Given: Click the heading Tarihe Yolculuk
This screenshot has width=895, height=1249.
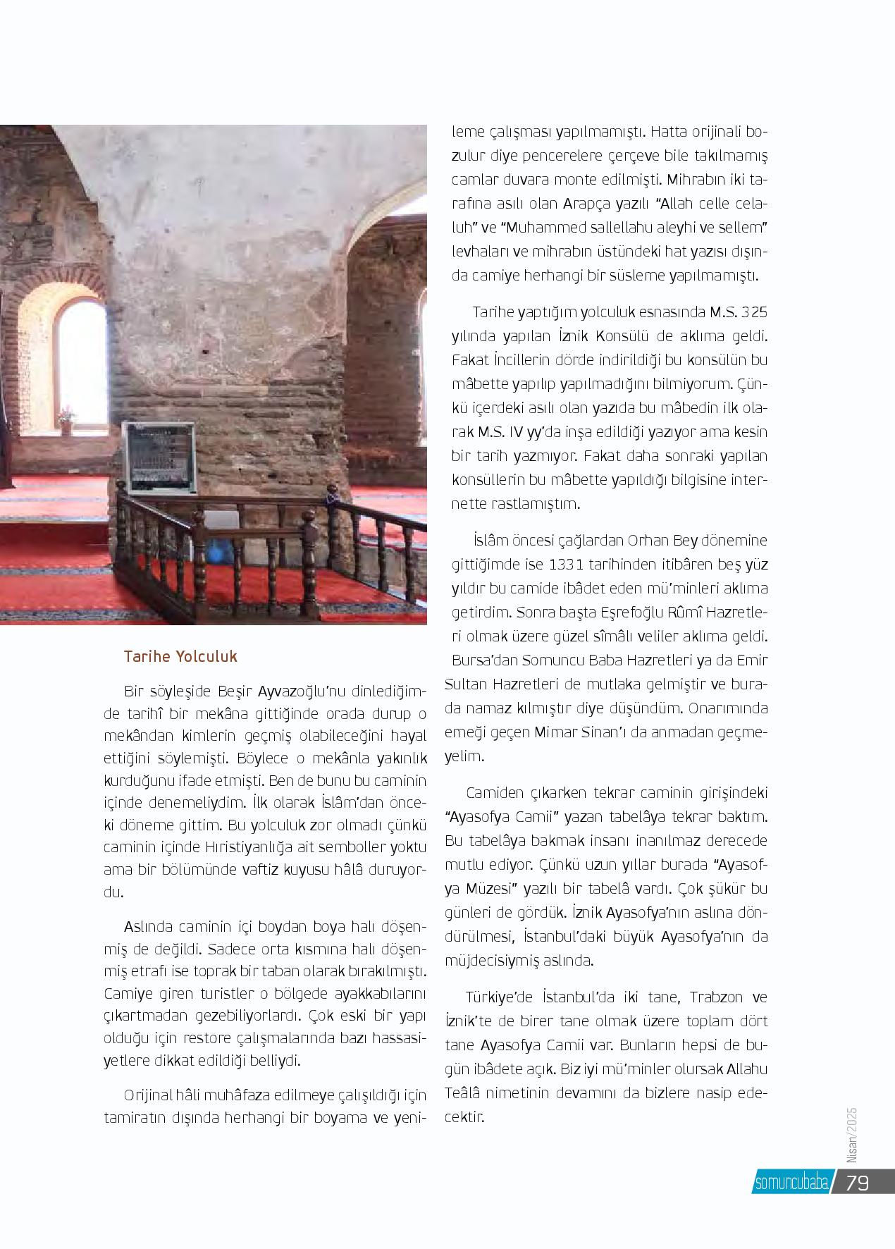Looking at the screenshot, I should click(x=180, y=656).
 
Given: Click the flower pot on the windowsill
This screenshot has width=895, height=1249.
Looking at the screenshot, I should click(x=66, y=419).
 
